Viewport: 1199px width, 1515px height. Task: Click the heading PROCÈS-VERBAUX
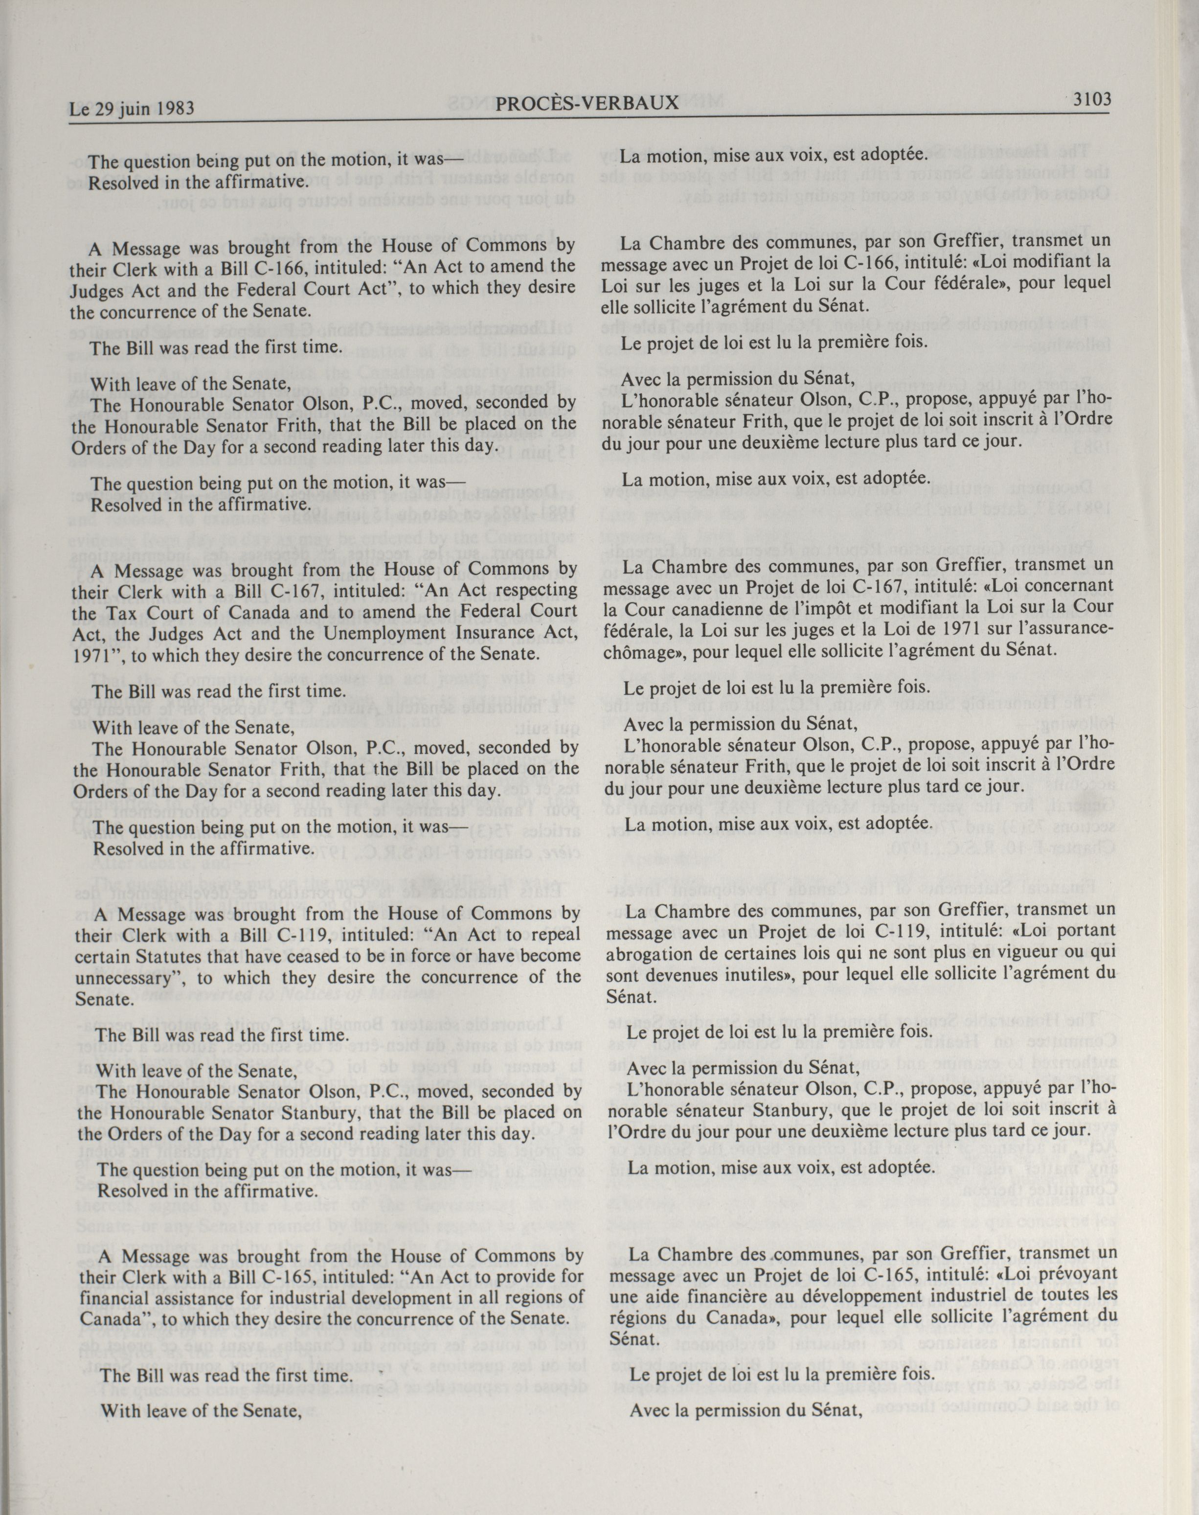[587, 104]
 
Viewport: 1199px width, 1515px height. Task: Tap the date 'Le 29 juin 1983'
[131, 109]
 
